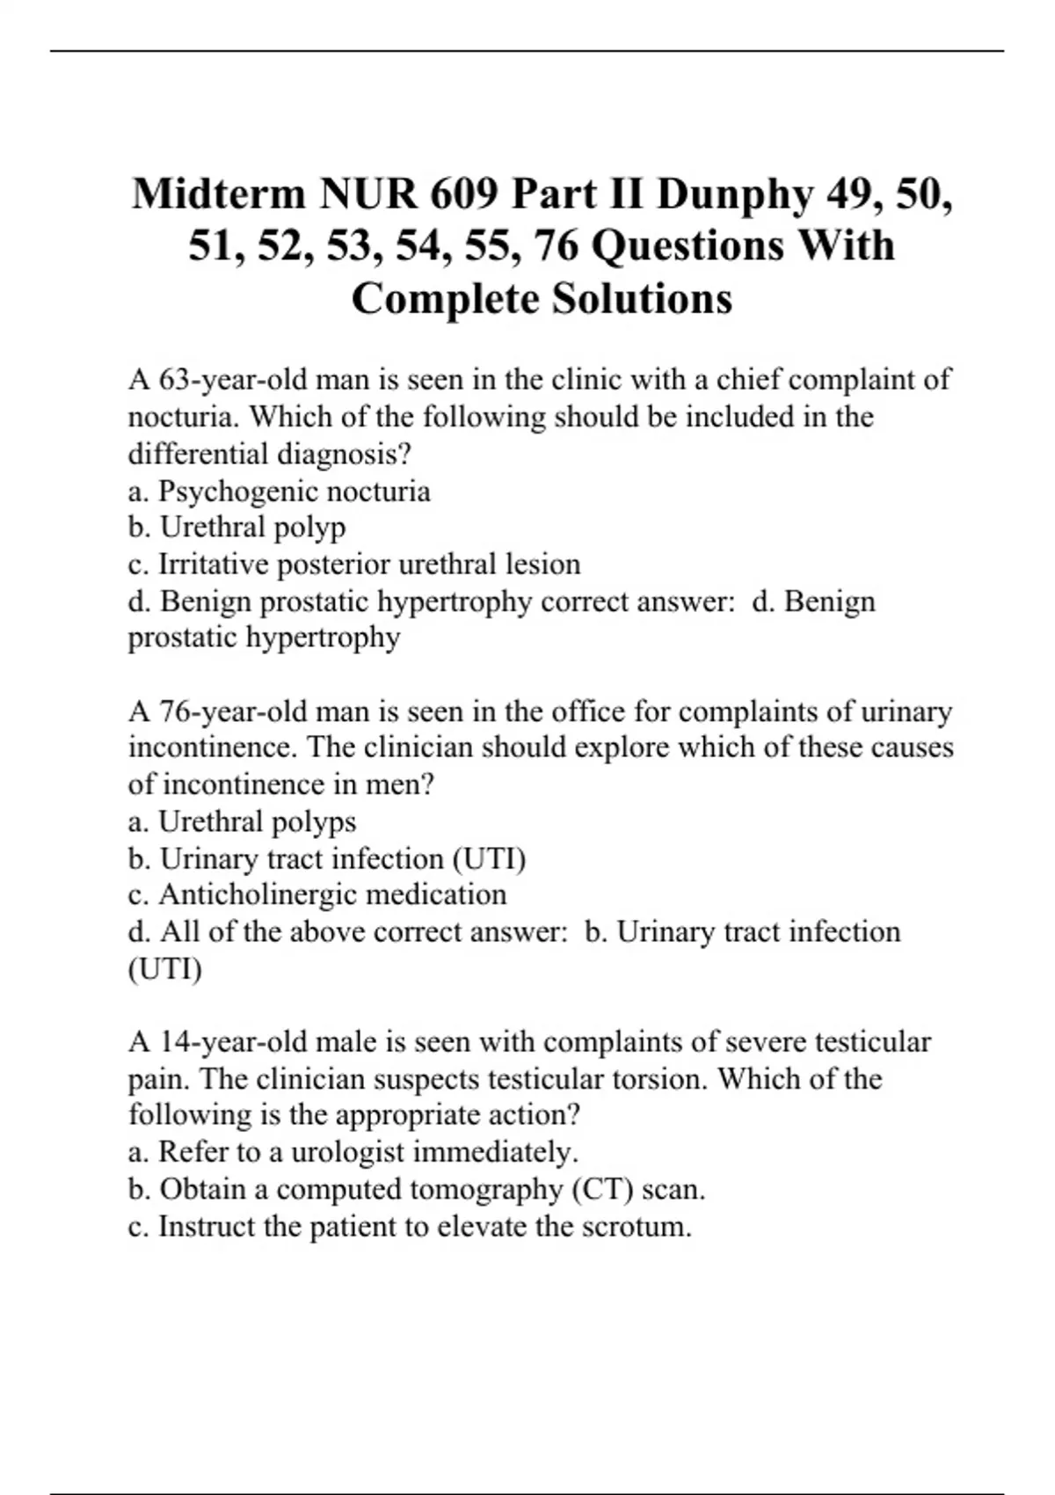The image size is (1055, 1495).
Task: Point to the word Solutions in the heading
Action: pos(642,299)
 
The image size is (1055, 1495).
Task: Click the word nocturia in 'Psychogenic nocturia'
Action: pos(375,491)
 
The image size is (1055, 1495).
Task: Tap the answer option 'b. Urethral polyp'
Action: pos(236,528)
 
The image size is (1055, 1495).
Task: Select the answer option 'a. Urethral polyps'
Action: pos(242,821)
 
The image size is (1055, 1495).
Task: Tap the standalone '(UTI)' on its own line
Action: pos(164,969)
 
